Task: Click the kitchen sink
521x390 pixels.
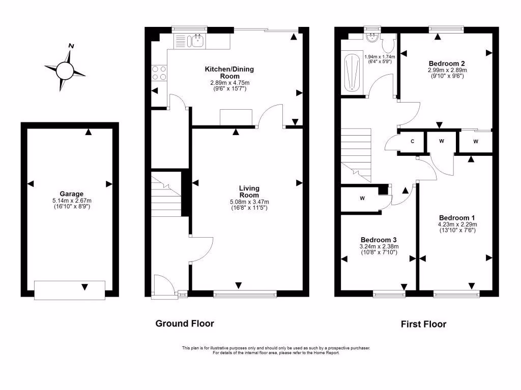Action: click(x=195, y=40)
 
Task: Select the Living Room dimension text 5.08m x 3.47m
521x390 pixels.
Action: click(x=249, y=202)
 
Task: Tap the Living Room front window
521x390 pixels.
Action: click(x=245, y=294)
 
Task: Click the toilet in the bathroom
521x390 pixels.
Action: click(x=389, y=45)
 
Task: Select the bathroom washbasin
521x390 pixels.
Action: click(x=372, y=38)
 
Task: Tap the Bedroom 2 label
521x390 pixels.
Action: click(x=447, y=63)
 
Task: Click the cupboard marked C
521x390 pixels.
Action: click(x=412, y=142)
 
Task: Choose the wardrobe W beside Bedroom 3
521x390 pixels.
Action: click(x=362, y=198)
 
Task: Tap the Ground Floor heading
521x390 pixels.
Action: click(x=184, y=323)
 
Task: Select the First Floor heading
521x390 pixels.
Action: click(x=423, y=324)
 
